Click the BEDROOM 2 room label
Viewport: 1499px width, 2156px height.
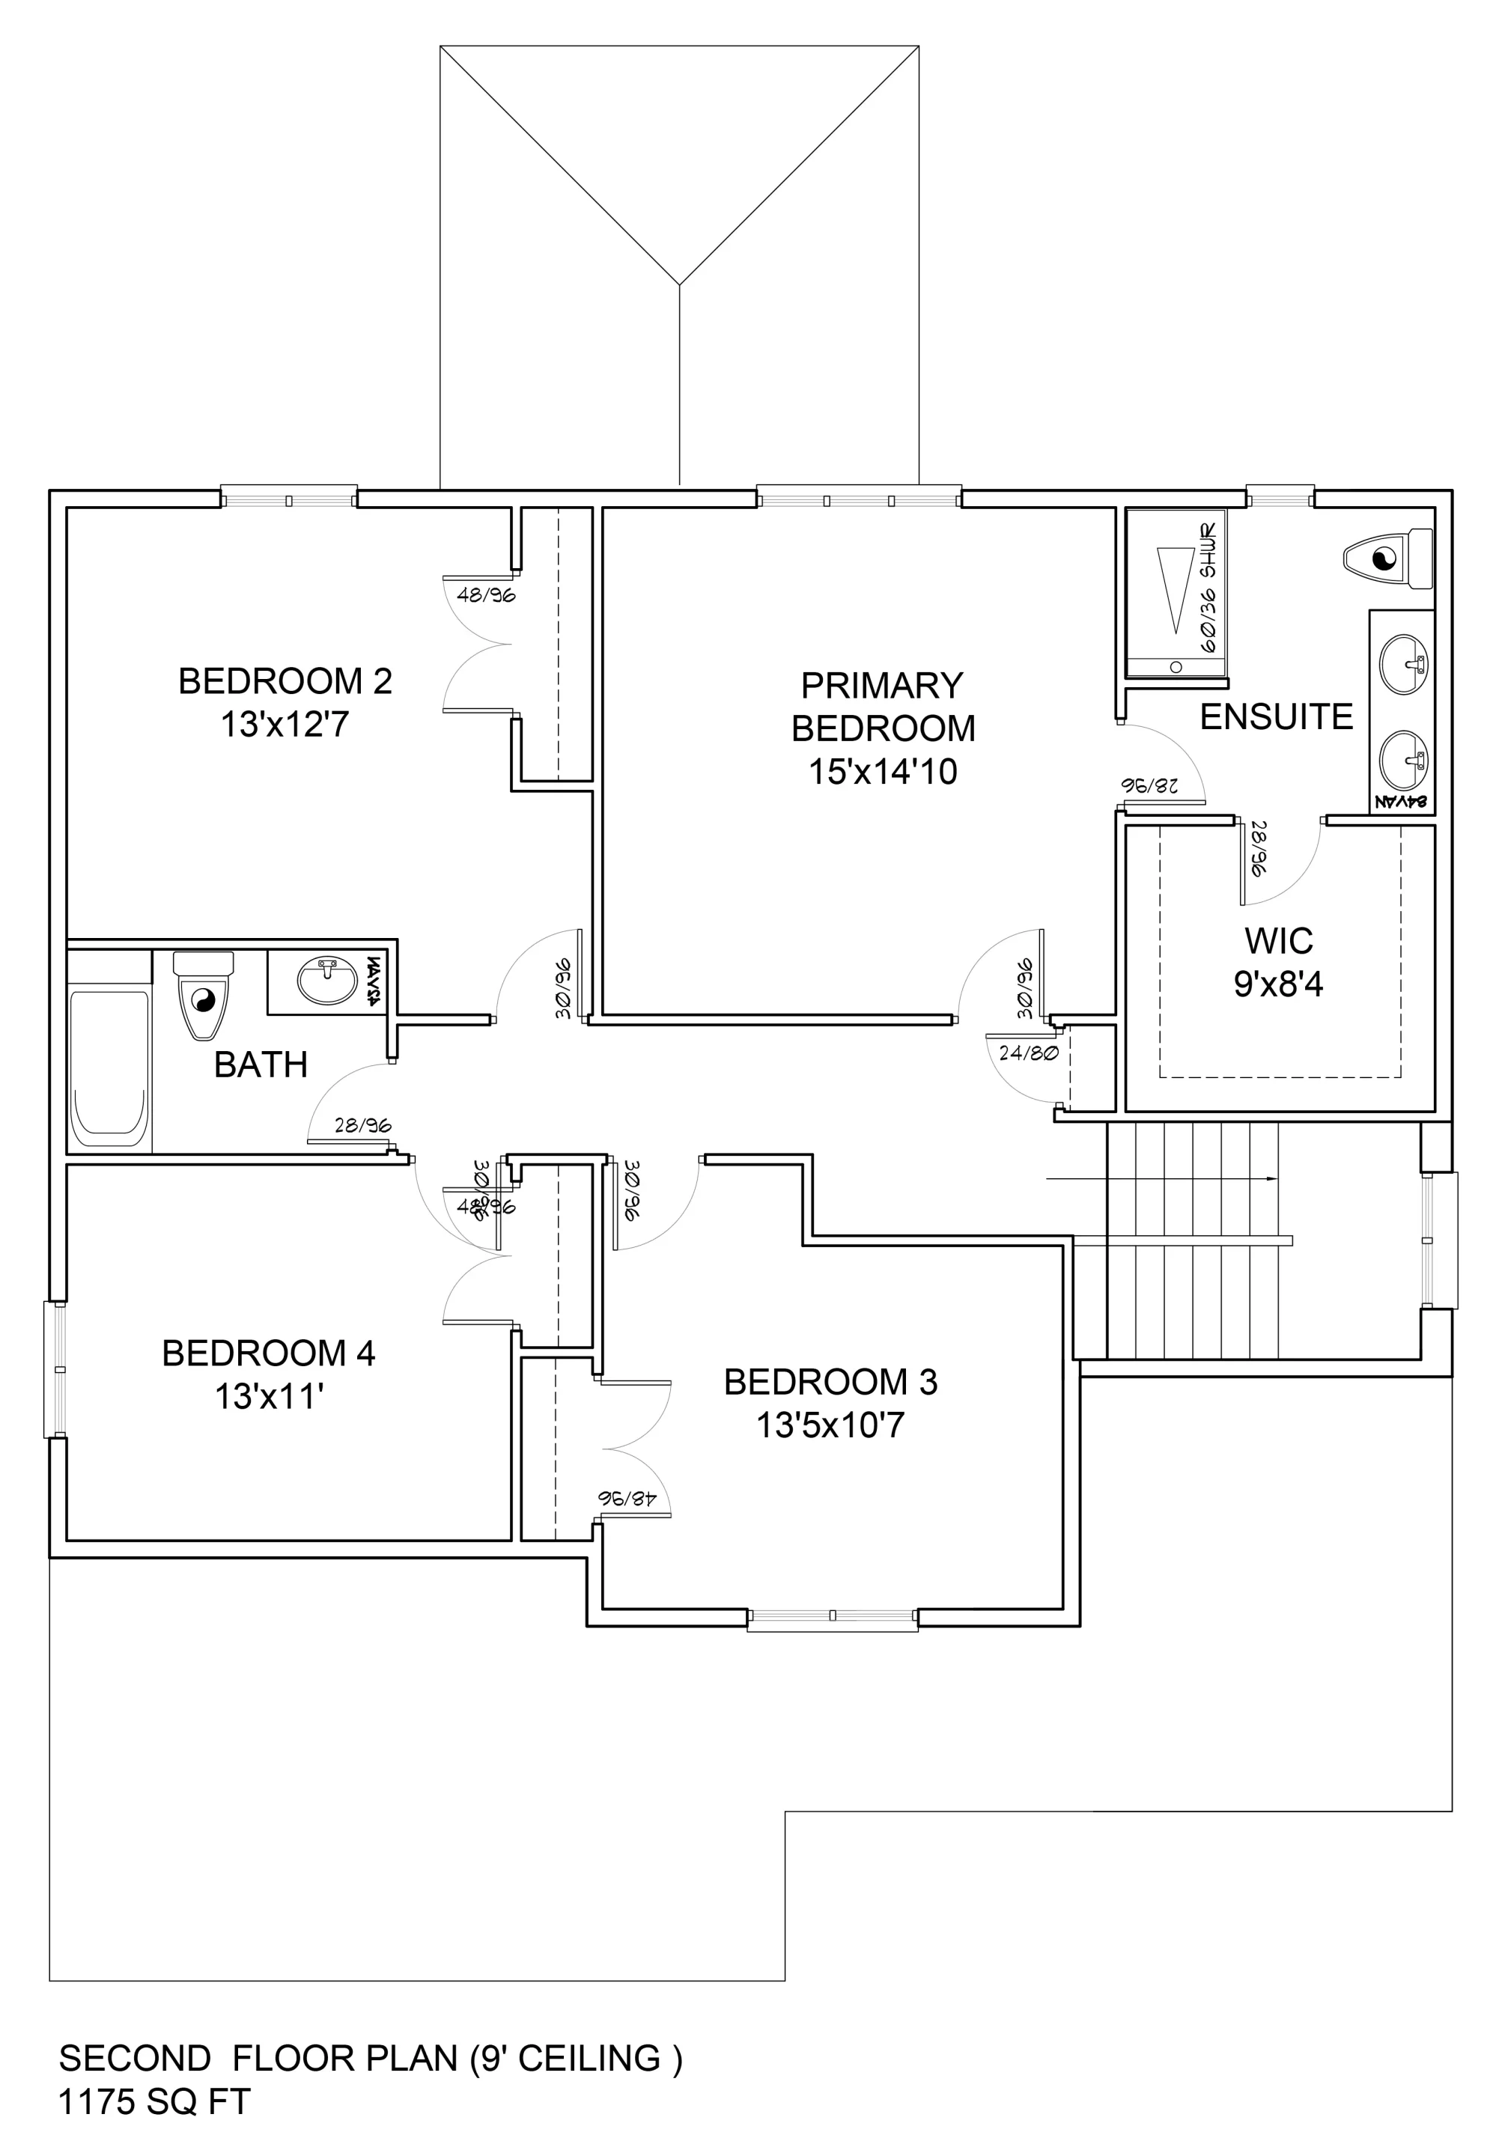(x=285, y=680)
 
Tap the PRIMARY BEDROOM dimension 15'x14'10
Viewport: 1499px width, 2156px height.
(x=883, y=772)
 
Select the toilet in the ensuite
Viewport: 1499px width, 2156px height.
(x=1388, y=560)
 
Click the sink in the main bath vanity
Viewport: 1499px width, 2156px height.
(x=326, y=981)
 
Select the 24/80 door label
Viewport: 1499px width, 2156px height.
(x=1029, y=1053)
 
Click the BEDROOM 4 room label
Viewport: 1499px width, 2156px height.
(x=269, y=1353)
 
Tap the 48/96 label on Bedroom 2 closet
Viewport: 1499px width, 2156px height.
(x=486, y=594)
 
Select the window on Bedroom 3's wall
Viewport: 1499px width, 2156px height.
(x=832, y=1615)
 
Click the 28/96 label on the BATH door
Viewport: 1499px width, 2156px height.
(x=362, y=1126)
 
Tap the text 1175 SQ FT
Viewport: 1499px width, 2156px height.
(x=155, y=2101)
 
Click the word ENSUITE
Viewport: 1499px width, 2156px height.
(x=1277, y=717)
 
